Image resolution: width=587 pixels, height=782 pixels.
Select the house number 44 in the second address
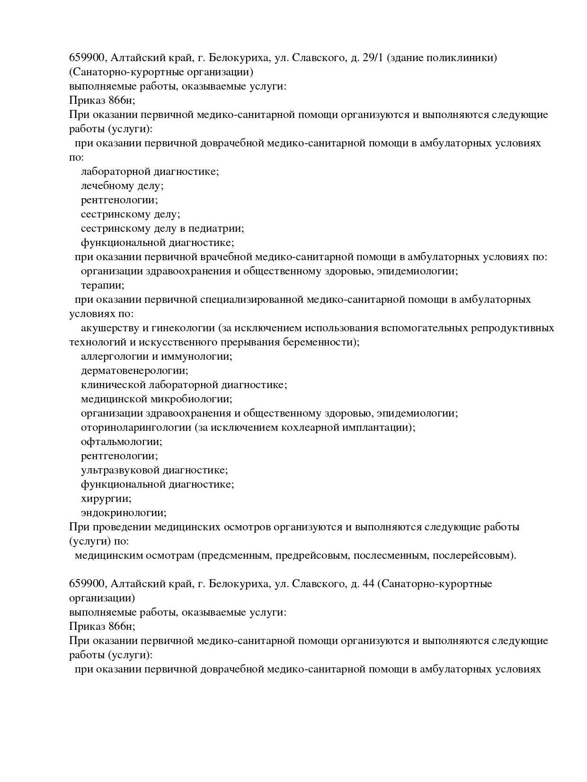(x=368, y=584)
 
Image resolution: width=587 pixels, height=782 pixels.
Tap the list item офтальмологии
(x=121, y=442)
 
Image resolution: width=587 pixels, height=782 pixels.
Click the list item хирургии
(x=106, y=499)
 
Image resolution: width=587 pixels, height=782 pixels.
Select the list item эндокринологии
(x=124, y=513)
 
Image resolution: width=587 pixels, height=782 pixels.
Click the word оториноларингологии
(x=136, y=427)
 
